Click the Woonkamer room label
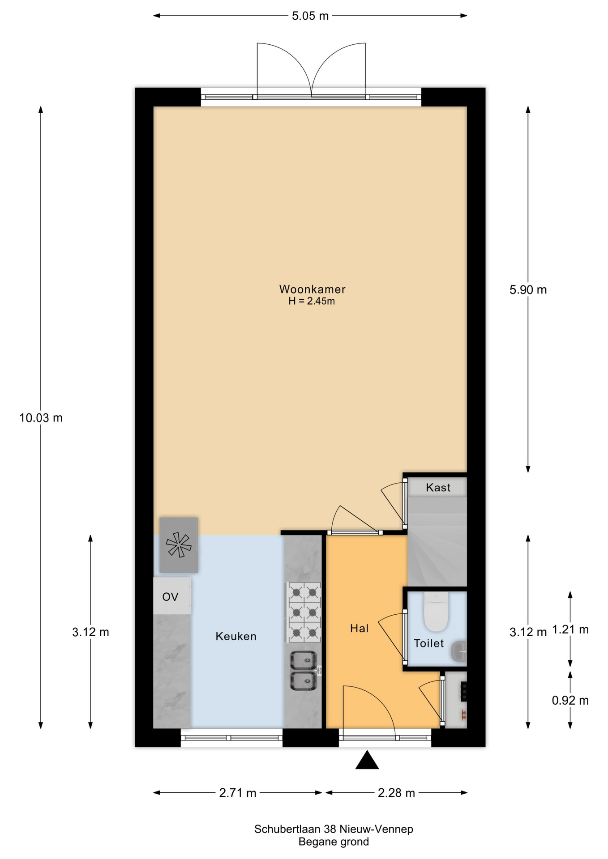coord(312,289)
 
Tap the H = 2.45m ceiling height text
coord(312,302)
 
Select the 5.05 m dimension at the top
coord(310,16)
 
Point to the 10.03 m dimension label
coord(41,418)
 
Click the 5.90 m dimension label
coord(528,290)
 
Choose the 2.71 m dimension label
coord(237,793)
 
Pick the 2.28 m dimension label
coord(396,793)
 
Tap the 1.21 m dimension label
coord(570,629)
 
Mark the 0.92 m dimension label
coord(570,701)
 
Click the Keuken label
coord(236,636)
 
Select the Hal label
coord(359,629)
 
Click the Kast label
coord(438,487)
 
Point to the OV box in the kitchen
coord(171,596)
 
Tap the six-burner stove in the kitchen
coord(304,612)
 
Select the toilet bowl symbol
coord(436,611)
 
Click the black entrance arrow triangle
coord(367,761)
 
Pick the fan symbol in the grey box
coord(178,545)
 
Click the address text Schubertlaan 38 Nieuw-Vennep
coord(334,829)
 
